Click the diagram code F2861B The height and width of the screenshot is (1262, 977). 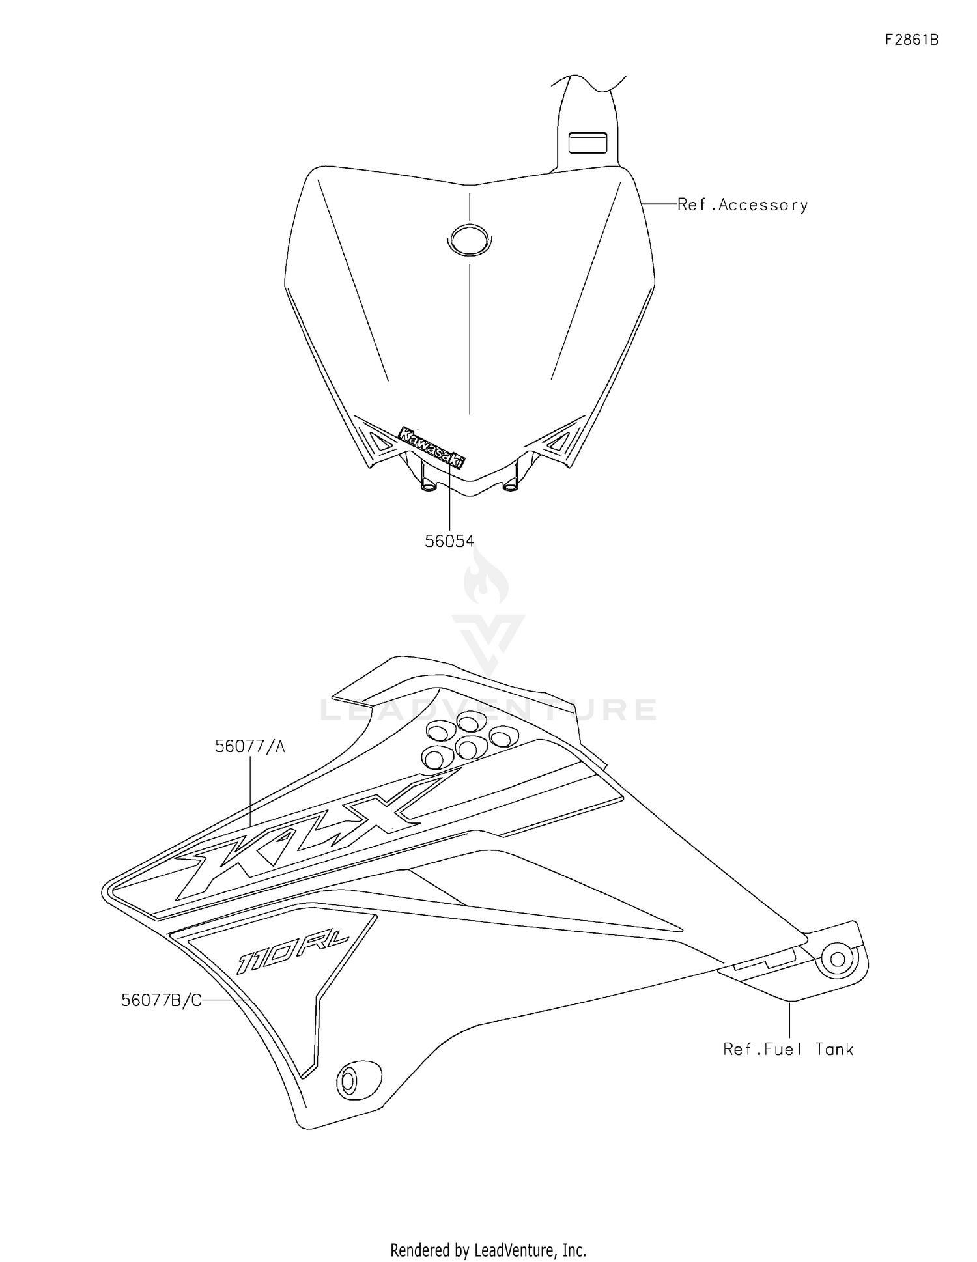click(x=911, y=40)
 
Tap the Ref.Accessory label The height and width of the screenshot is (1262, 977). click(x=742, y=205)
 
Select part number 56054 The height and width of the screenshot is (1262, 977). click(x=449, y=541)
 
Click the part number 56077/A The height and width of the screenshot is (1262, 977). click(x=250, y=746)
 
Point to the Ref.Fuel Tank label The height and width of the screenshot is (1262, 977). click(x=788, y=1049)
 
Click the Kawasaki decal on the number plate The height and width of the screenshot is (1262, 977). click(x=432, y=447)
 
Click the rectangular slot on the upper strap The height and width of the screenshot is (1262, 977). click(x=588, y=143)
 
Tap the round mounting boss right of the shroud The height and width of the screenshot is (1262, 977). click(x=838, y=959)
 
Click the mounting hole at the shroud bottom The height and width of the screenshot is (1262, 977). click(x=350, y=1082)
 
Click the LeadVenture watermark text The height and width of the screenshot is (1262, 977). click(x=488, y=710)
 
